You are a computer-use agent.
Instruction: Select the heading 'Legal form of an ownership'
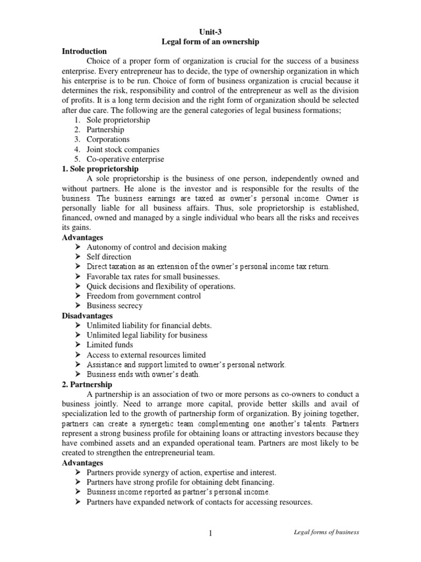tap(210, 41)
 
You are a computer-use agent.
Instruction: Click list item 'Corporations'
tap(108, 139)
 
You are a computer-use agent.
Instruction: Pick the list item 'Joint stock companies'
tap(123, 149)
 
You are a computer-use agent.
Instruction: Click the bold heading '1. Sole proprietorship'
tap(100, 169)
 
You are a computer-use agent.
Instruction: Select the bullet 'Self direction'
tap(109, 257)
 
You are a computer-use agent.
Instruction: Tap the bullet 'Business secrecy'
tap(115, 306)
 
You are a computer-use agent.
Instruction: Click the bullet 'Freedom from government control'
tap(144, 296)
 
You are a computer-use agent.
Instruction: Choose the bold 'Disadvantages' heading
tap(87, 316)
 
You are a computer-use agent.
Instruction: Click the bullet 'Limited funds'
tap(110, 345)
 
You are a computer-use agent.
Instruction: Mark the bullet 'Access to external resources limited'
tap(146, 355)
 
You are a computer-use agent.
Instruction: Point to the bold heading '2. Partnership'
tap(87, 385)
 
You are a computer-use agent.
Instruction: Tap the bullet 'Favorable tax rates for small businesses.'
tap(153, 277)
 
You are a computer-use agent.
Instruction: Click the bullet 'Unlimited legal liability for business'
tap(147, 335)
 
